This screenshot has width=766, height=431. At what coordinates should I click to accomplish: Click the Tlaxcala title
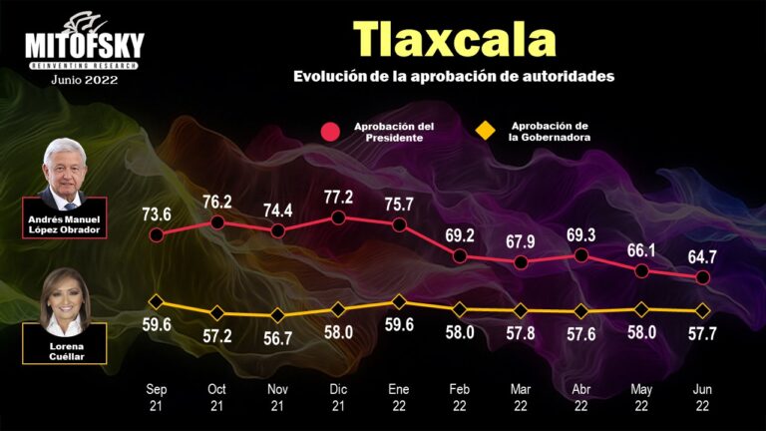pyautogui.click(x=454, y=39)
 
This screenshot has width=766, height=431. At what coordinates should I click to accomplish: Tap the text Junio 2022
pyautogui.click(x=84, y=80)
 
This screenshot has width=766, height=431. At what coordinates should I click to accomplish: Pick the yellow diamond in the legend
pyautogui.click(x=487, y=132)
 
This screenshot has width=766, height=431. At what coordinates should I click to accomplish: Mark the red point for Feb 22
pyautogui.click(x=461, y=256)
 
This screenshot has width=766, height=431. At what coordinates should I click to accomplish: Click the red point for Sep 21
pyautogui.click(x=156, y=235)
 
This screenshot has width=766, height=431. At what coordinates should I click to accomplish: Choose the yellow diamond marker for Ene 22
pyautogui.click(x=399, y=301)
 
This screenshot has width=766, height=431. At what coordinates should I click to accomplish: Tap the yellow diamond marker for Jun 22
pyautogui.click(x=703, y=309)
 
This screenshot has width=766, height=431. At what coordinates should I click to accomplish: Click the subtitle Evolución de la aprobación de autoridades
pyautogui.click(x=454, y=76)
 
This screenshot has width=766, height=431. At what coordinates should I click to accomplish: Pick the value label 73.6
pyautogui.click(x=157, y=213)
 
